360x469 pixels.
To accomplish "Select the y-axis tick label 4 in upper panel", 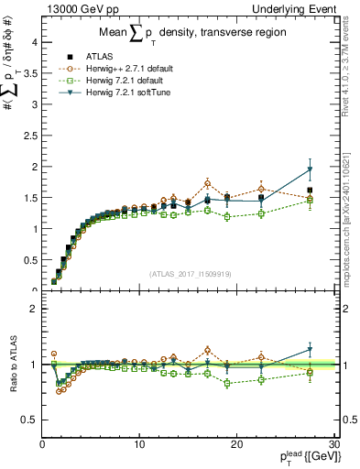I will (33, 42).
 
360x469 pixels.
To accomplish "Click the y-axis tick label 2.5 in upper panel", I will (29, 136).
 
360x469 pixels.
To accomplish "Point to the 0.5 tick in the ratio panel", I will (29, 420).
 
